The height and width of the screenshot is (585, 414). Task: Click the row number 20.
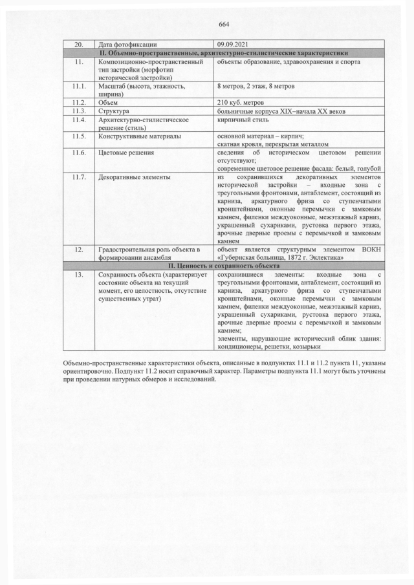(x=80, y=45)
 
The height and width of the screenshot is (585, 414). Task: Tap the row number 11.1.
(x=80, y=85)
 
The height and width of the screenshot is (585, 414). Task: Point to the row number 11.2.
(x=80, y=102)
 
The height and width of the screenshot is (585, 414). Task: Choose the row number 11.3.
(x=80, y=111)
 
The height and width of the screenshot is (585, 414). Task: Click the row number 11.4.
(x=80, y=120)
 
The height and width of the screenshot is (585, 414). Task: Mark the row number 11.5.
(x=80, y=136)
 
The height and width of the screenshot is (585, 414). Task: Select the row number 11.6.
(x=80, y=153)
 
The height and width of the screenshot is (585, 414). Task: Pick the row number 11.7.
(x=80, y=176)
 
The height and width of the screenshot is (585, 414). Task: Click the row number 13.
(x=80, y=274)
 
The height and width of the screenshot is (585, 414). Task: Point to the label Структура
(x=114, y=111)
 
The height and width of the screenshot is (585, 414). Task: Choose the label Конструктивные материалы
(x=139, y=136)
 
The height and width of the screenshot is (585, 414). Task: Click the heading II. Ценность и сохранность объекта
(x=224, y=266)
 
